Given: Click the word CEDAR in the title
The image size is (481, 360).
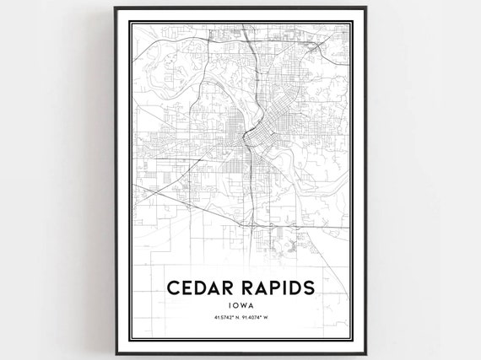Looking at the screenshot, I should coord(199,287).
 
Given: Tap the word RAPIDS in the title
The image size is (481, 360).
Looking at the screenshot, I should coord(275,287).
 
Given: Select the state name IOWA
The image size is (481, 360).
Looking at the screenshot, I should coord(241,306).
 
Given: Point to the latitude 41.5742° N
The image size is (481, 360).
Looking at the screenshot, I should coord(223,319).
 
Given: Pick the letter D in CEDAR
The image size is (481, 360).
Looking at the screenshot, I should coord(199,287).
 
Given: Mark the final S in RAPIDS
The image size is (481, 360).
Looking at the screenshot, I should coord(311,287).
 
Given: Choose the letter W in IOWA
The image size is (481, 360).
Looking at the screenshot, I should coord(244,306).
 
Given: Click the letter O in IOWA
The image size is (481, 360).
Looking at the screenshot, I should coord(235,306).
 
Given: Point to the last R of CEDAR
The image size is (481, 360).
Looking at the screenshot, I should coord(227,287).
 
